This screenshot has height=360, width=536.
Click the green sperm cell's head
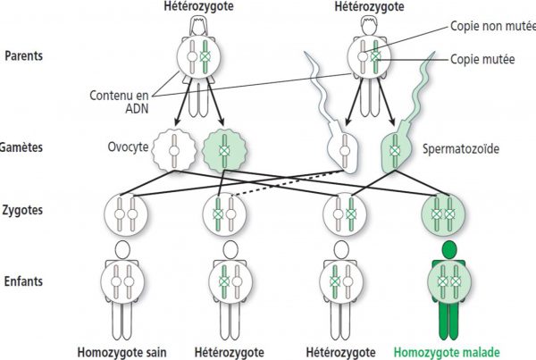396,147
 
